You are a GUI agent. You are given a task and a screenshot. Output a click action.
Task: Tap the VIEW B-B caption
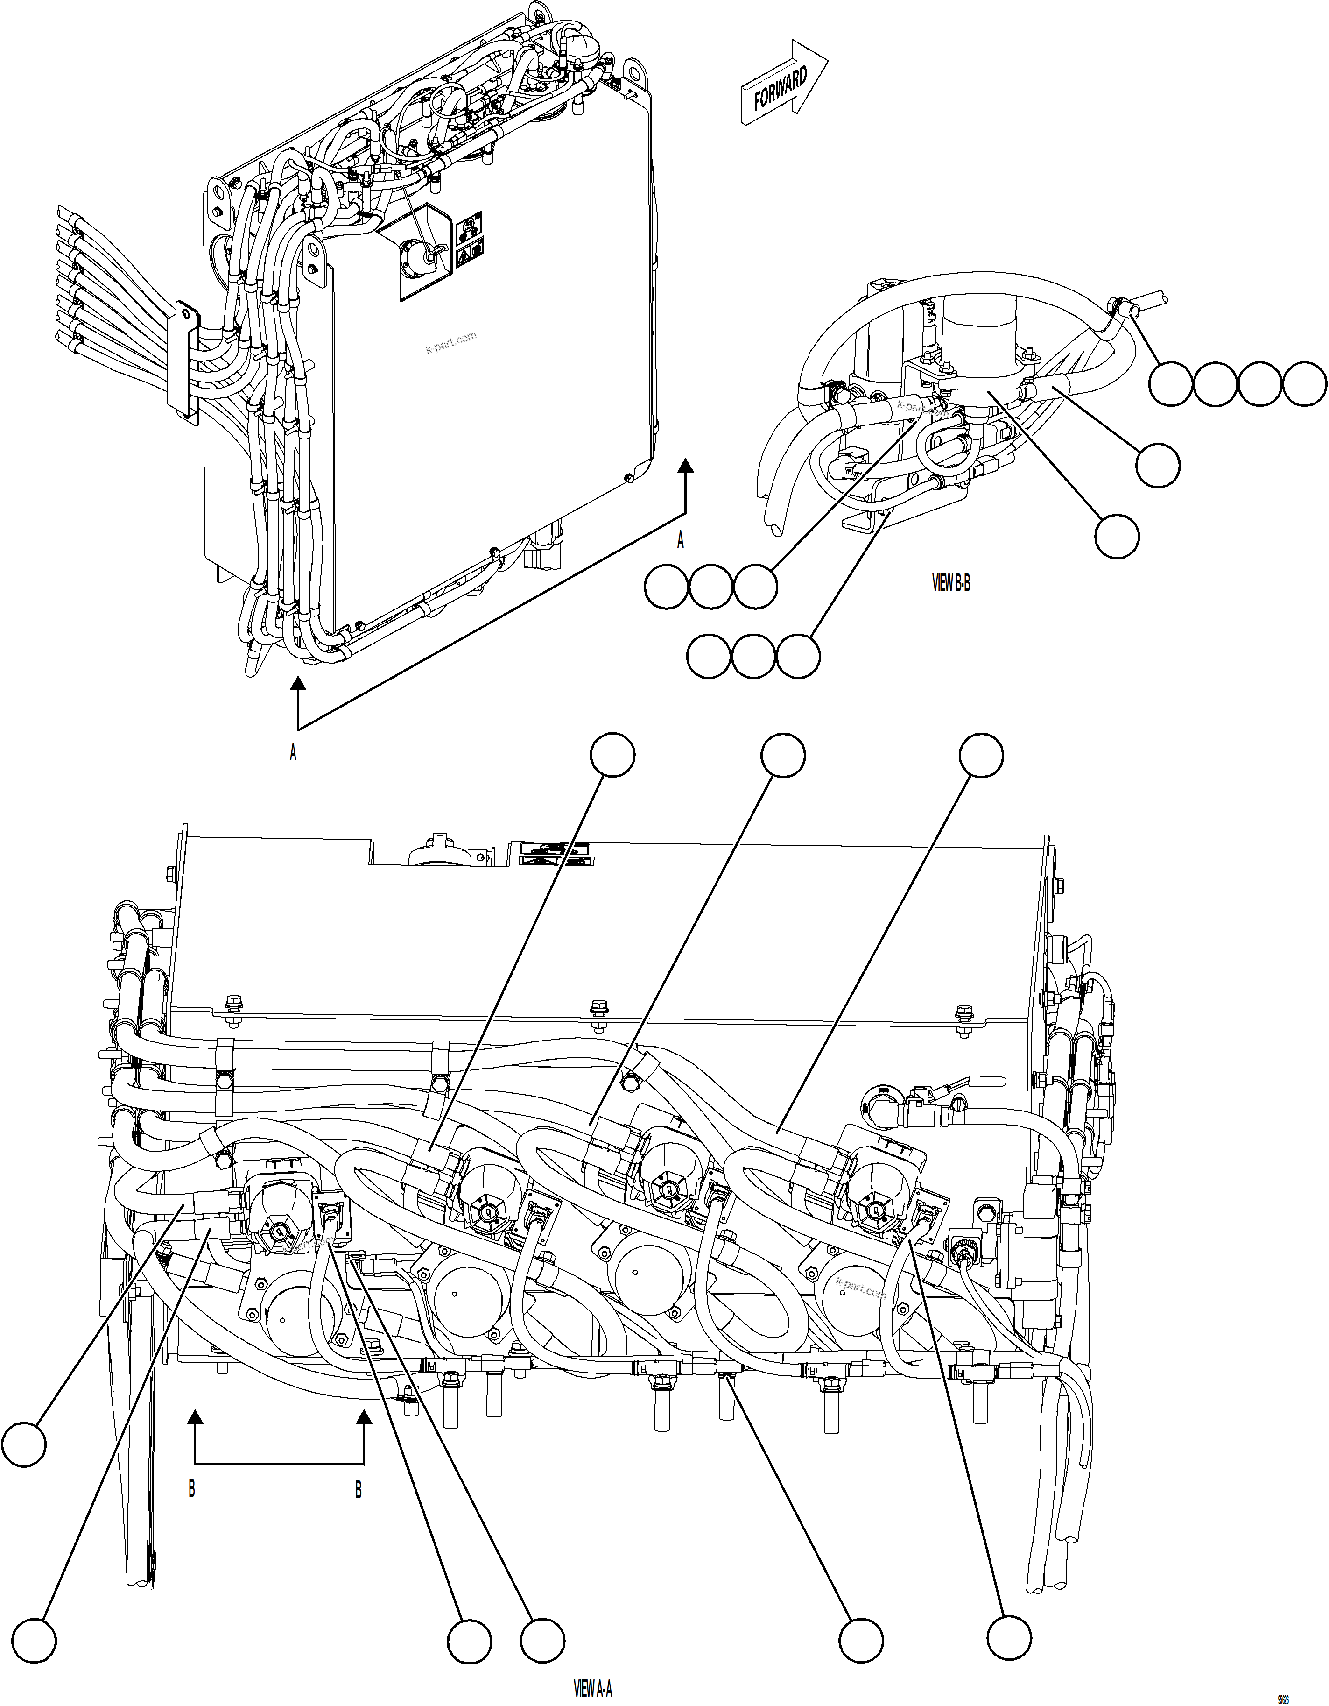click(x=951, y=583)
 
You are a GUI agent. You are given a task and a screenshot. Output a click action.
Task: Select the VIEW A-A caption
click(x=593, y=1690)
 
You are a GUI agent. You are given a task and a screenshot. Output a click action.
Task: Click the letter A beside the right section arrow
click(x=680, y=540)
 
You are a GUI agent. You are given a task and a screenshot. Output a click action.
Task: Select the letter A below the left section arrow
click(x=293, y=753)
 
